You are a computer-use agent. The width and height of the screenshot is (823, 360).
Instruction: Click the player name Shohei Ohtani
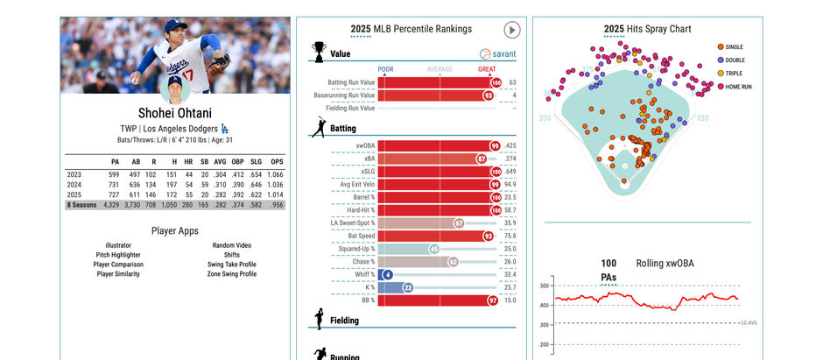[x=174, y=113]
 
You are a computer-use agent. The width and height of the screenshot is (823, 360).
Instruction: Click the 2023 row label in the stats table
[x=74, y=174]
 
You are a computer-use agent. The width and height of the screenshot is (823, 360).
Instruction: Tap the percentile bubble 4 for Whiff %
[x=387, y=274]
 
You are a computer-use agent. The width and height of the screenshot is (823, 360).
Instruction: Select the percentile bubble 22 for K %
[x=407, y=287]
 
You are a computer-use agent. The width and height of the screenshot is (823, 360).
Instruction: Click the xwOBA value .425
[x=510, y=145]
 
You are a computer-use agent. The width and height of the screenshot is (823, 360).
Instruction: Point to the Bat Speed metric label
[x=360, y=236]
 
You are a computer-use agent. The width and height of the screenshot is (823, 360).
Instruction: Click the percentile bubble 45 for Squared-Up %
[x=433, y=249]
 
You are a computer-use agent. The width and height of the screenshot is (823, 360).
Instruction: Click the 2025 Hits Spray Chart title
[x=647, y=29]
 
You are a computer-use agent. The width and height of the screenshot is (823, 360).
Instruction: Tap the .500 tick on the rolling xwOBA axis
[x=544, y=286]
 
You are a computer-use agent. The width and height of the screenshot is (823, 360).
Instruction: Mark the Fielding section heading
[x=344, y=321]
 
